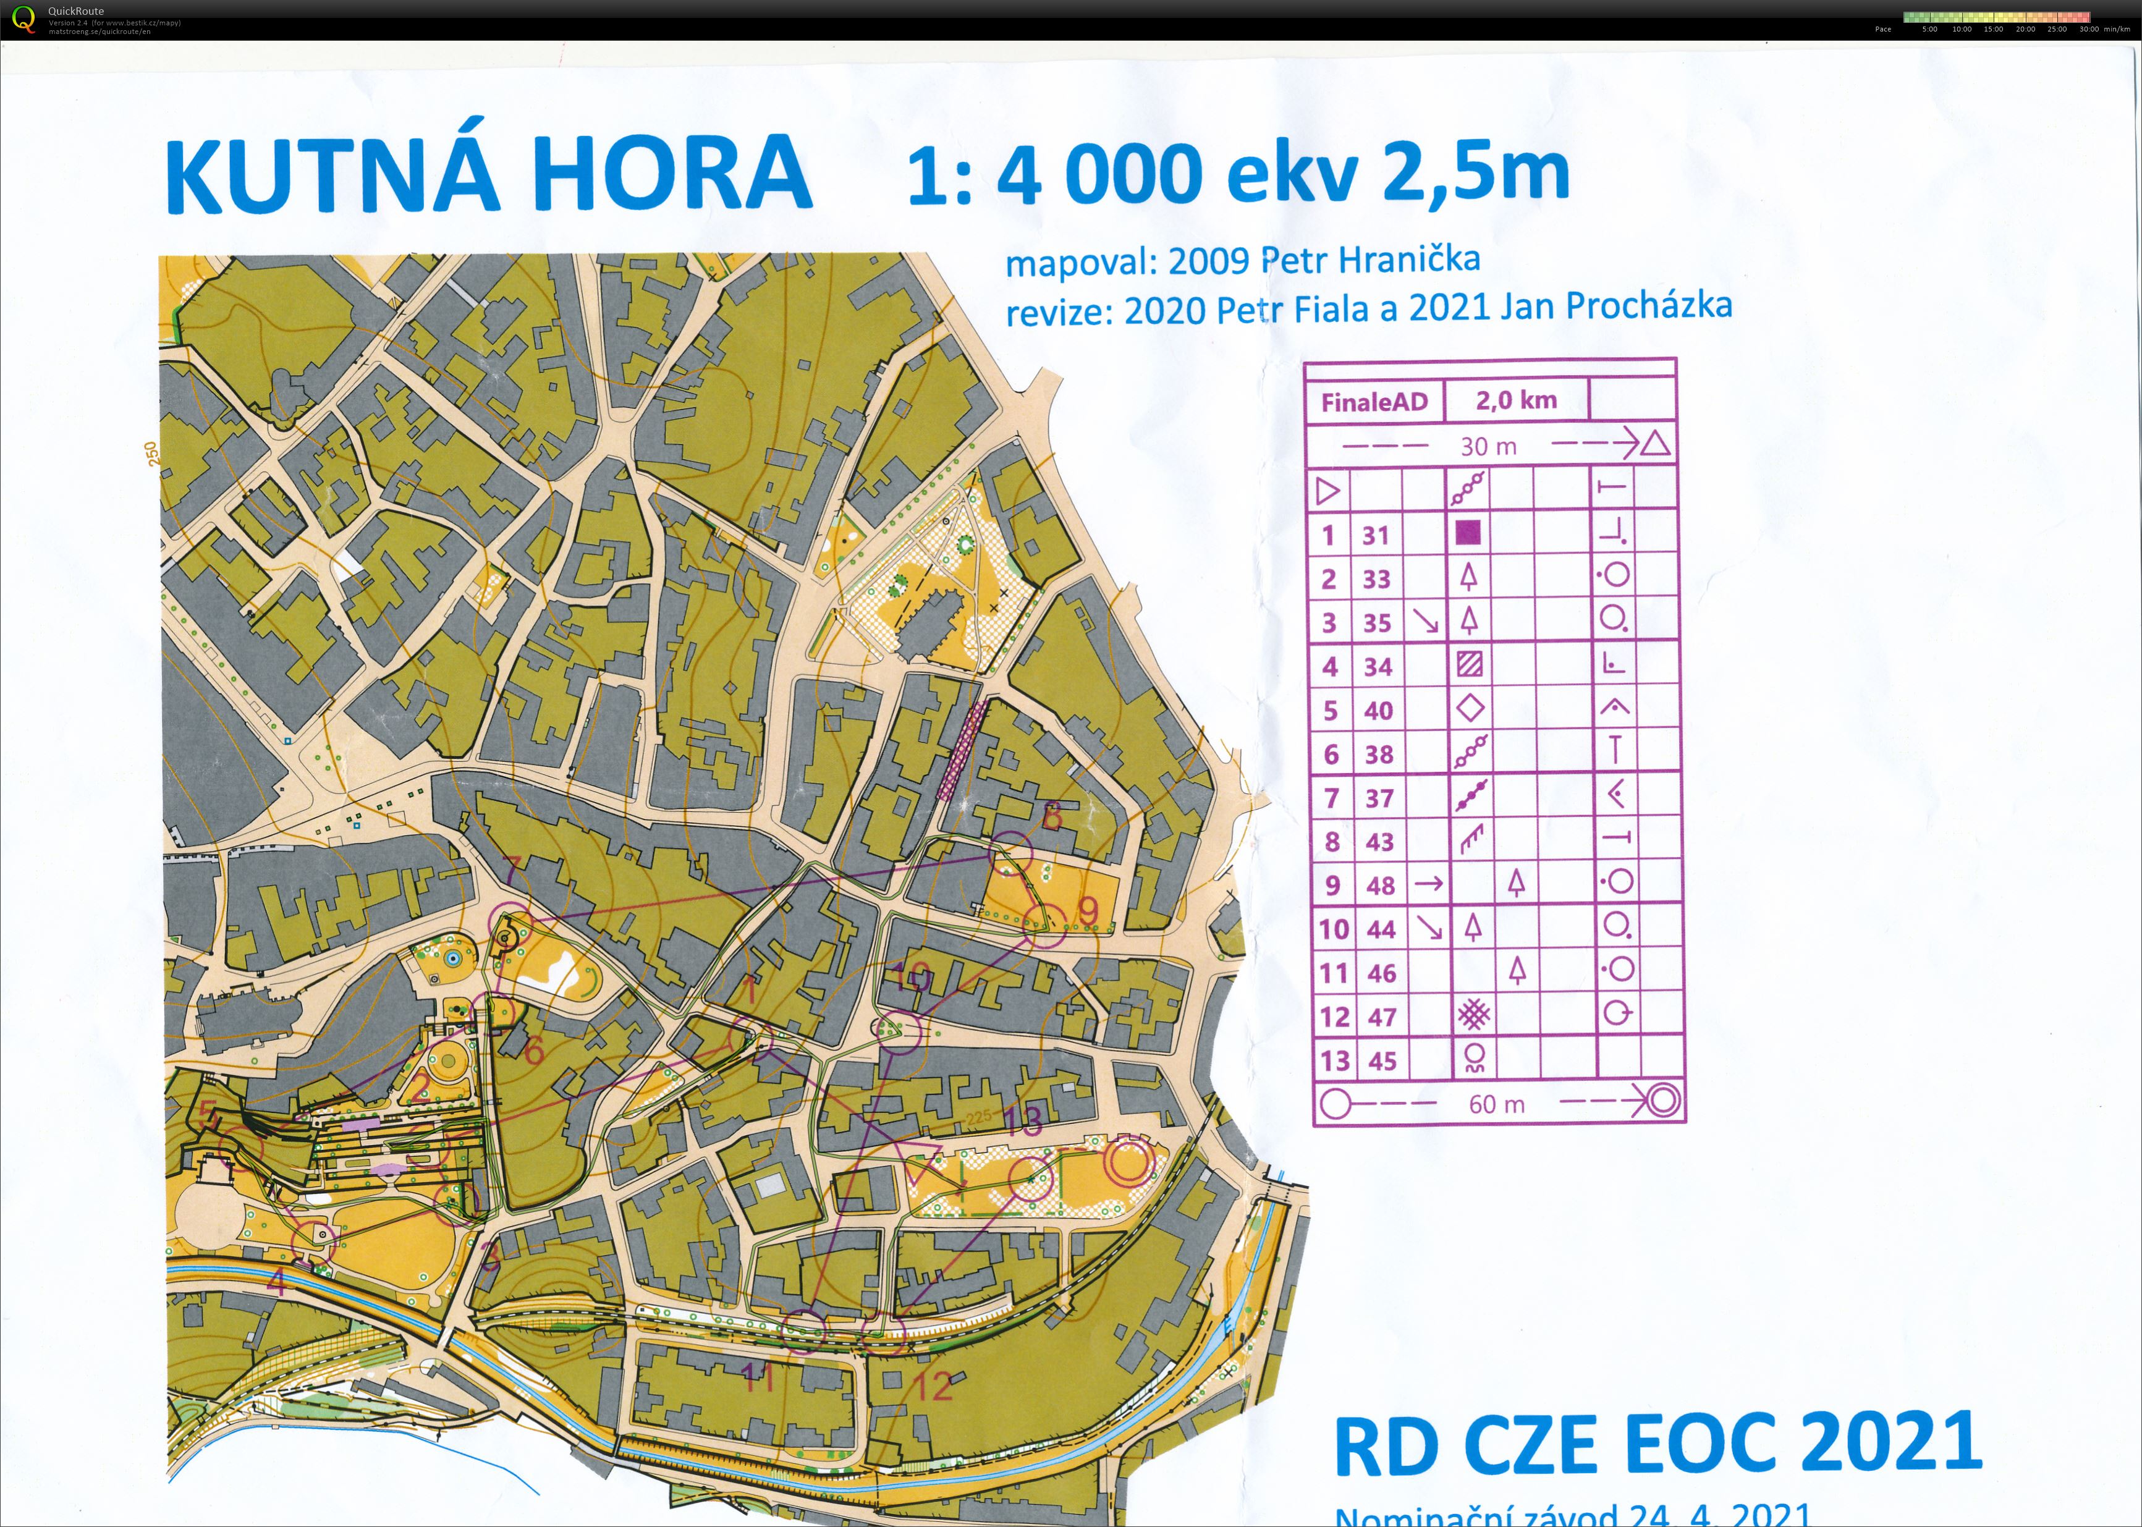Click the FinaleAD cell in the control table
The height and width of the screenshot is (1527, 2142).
(1374, 402)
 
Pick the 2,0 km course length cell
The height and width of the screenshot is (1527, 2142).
(1516, 400)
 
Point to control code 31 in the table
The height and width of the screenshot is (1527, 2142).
(1376, 536)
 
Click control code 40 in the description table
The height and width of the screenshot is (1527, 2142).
(1378, 711)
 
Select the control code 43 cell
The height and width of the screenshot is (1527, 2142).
(1379, 842)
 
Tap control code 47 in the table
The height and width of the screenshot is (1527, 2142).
(1381, 1017)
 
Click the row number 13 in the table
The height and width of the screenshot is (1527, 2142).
(1334, 1060)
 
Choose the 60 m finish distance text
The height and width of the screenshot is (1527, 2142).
(1496, 1104)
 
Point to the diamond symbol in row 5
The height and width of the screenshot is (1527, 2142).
(1470, 708)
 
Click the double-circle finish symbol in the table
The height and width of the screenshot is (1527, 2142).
(1662, 1101)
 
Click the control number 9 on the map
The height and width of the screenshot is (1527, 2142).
(1088, 910)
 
